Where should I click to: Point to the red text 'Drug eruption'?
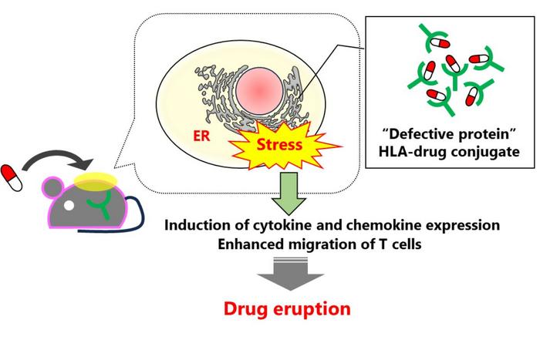click(287, 310)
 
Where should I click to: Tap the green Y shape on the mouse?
click(98, 202)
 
